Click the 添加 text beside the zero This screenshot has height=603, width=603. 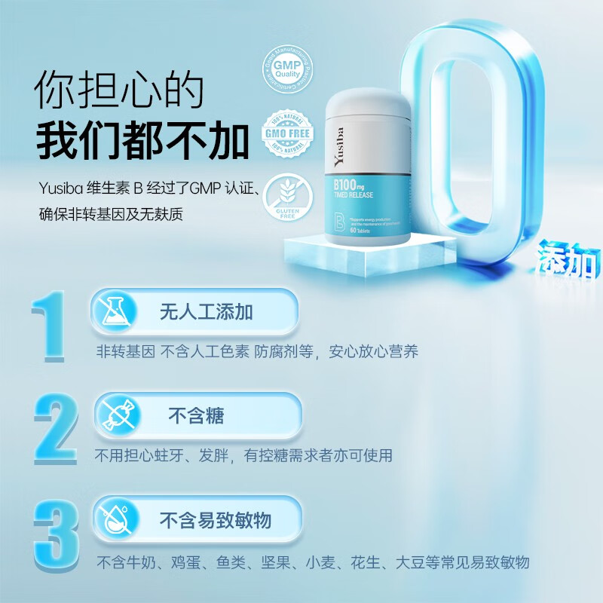570,260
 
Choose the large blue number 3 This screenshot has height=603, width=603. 56,531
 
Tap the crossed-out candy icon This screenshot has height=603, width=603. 115,415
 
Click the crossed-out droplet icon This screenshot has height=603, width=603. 115,520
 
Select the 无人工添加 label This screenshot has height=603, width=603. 206,312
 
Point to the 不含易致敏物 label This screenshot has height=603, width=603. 215,520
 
